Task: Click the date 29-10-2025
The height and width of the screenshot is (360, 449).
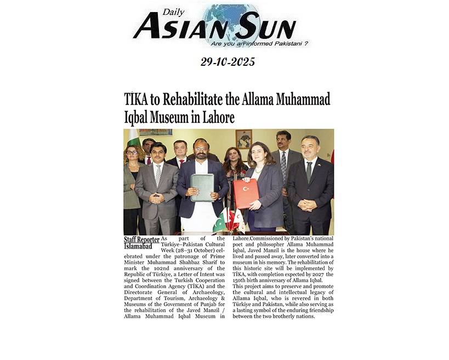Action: tap(228, 62)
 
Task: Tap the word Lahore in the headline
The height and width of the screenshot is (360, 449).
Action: tap(218, 117)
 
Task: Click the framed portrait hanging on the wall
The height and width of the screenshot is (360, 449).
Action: tap(243, 139)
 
